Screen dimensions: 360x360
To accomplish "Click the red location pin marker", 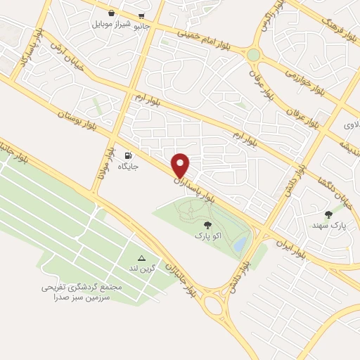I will point(181,165).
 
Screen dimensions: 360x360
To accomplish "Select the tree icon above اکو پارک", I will point(207,224).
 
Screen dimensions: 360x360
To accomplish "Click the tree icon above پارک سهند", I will point(328,214).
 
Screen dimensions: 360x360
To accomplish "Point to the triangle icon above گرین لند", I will point(141,258).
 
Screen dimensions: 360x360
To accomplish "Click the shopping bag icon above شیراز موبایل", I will point(112,13).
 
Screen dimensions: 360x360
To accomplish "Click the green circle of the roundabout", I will point(252,54).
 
